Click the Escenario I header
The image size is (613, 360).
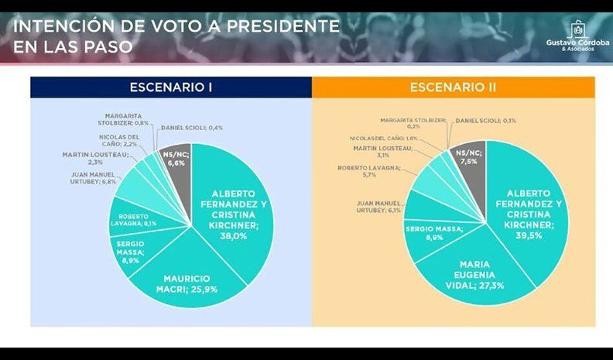pos(171,87)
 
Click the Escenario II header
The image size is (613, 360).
pos(453,87)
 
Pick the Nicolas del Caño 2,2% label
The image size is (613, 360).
pos(118,141)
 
